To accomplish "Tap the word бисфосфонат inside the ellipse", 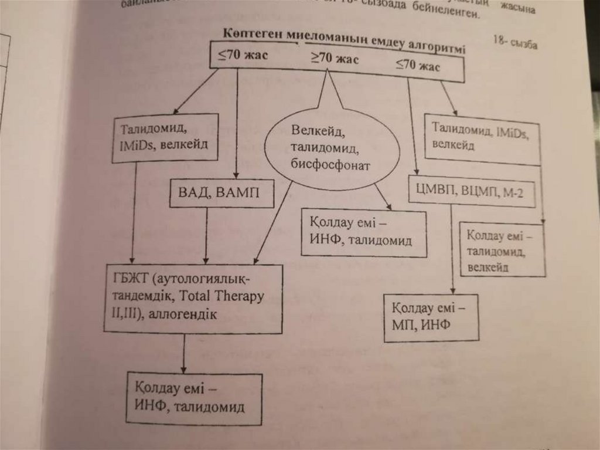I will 331,165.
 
